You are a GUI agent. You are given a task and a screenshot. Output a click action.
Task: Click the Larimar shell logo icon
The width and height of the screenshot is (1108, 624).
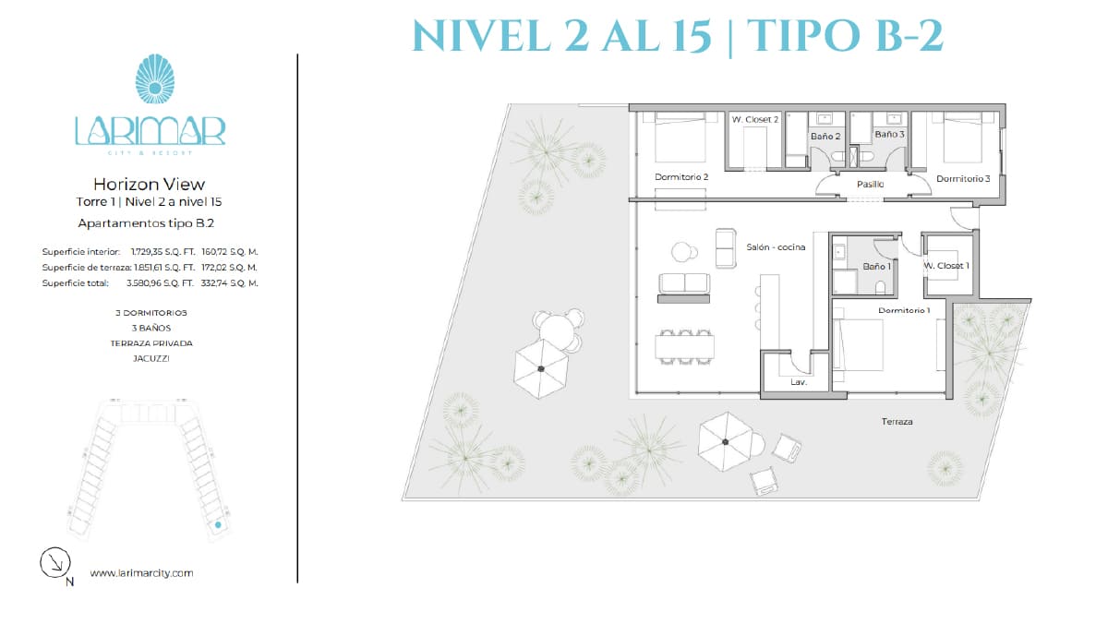155,78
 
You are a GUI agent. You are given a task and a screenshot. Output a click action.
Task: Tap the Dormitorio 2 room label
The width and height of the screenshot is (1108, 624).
681,176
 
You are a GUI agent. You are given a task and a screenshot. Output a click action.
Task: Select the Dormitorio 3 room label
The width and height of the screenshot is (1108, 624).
963,178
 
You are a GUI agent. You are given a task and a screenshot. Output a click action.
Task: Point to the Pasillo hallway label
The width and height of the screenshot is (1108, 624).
870,184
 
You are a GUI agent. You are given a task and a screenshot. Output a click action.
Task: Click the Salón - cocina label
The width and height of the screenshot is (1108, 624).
776,246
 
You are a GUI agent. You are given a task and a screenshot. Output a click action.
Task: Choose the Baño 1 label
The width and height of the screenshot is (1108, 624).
876,266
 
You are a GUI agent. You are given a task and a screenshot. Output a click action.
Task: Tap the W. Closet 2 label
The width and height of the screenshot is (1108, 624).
755,119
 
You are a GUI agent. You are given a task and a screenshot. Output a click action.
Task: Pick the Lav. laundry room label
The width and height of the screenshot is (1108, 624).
799,382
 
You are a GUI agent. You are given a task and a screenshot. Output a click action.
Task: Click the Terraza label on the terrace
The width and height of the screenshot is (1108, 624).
897,421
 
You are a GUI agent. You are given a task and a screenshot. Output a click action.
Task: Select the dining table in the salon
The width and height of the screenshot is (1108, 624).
684,347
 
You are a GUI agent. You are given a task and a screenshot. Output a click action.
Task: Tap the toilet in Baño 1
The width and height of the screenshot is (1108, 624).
880,288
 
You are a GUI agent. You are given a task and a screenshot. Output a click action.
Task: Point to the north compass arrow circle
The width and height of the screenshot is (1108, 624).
54,562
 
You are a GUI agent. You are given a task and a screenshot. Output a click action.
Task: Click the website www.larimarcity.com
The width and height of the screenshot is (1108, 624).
141,572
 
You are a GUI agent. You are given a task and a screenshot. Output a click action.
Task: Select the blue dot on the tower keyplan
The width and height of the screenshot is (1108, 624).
218,524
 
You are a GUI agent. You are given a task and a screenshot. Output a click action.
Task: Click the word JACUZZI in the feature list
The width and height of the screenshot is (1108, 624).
151,358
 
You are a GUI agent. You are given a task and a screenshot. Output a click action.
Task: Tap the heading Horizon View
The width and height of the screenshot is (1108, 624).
149,184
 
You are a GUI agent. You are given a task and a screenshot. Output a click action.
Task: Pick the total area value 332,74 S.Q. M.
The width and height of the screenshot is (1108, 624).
229,282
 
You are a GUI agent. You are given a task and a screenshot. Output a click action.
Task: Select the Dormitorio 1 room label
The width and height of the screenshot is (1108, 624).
904,310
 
